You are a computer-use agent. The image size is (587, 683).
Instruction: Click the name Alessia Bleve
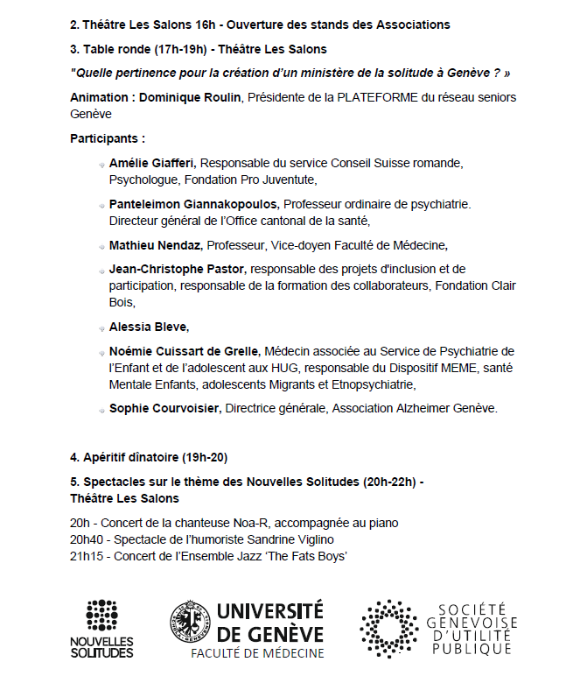[x=148, y=327]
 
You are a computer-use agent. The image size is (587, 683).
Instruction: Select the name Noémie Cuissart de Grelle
[x=185, y=350]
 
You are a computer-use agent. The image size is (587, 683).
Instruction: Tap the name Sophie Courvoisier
[x=165, y=408]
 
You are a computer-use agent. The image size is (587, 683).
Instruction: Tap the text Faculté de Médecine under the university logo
[x=258, y=652]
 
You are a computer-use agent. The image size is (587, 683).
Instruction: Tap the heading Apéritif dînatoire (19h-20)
[x=149, y=458]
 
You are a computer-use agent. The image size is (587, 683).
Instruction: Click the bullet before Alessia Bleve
[x=101, y=327]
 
